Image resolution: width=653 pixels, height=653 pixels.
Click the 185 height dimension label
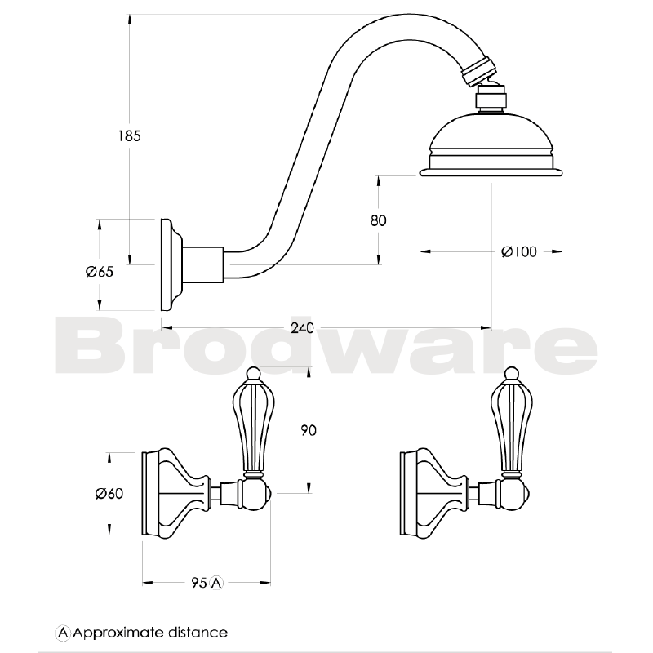tap(130, 136)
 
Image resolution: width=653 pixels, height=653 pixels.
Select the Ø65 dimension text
tap(99, 272)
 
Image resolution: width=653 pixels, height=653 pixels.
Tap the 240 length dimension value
tap(302, 328)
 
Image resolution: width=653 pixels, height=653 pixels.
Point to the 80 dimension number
tap(378, 220)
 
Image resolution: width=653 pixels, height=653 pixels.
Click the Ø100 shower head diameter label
tap(519, 252)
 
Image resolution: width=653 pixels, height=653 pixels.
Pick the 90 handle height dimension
tap(308, 429)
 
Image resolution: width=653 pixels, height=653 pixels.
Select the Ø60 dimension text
tap(109, 493)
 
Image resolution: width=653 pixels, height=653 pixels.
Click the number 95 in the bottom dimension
tap(198, 583)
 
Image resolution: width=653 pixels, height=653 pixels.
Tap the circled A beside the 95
tap(216, 583)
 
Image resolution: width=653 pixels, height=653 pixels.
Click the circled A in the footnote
tap(62, 633)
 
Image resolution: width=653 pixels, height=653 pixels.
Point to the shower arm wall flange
tap(170, 264)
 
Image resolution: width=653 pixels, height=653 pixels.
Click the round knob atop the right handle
tap(509, 376)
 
